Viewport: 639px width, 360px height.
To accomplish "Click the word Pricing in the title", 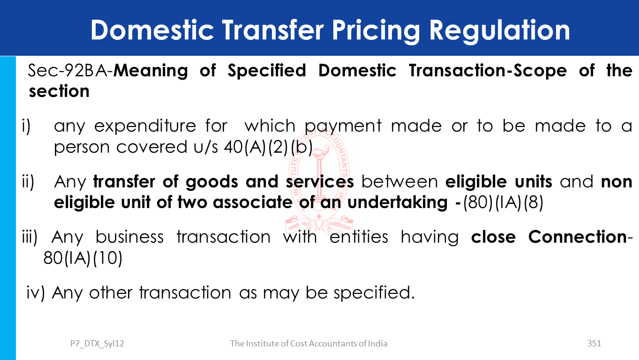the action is (x=376, y=31).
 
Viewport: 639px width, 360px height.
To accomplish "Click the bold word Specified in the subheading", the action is (x=267, y=70).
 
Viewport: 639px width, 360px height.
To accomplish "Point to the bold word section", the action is (x=59, y=91).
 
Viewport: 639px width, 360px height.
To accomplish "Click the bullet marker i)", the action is (x=26, y=126).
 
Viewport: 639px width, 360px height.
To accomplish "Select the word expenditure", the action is (x=145, y=126).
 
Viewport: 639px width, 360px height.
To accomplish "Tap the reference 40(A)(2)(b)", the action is (x=268, y=147).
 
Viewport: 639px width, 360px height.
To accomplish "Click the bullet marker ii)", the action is (x=28, y=181).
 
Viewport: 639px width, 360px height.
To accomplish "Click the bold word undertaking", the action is (x=398, y=202).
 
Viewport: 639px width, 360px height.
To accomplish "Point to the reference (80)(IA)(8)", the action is (x=503, y=202).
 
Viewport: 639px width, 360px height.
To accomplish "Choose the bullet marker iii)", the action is (x=30, y=237).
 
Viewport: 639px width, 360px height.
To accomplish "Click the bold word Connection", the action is (x=578, y=237).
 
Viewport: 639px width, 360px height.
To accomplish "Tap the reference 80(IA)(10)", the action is (x=83, y=258).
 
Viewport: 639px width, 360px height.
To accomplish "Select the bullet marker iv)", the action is (x=36, y=292).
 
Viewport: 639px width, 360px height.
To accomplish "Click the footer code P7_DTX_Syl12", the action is (x=97, y=344).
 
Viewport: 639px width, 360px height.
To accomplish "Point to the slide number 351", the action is (x=594, y=344).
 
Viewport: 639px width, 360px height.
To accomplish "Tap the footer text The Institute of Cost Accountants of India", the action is (x=308, y=344).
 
